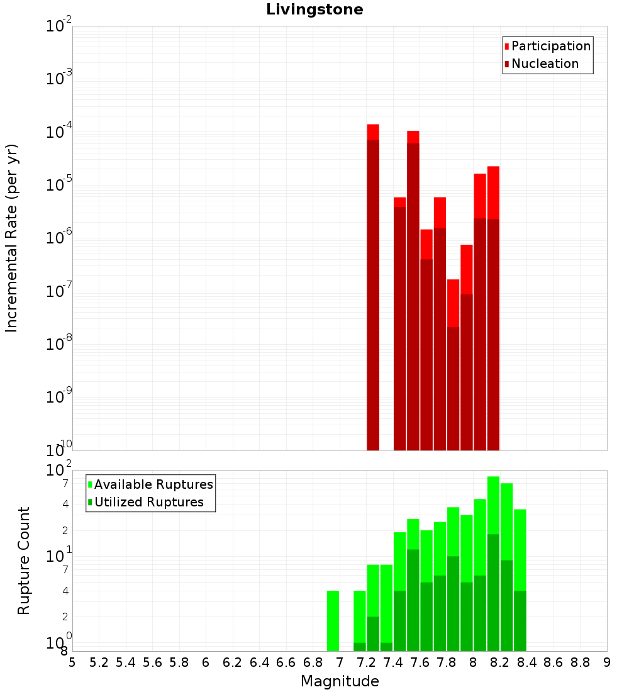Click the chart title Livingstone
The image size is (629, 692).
[x=314, y=10]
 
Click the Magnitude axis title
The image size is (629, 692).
[x=340, y=681]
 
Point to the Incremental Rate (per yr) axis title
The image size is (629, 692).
[x=12, y=238]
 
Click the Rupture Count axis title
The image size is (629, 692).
[x=24, y=561]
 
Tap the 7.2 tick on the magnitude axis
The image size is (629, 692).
[x=367, y=662]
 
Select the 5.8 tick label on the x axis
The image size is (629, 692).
[x=179, y=662]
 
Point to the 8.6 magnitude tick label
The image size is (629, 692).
[x=554, y=662]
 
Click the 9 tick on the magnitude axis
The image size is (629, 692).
[x=606, y=662]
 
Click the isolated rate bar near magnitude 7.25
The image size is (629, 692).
[x=373, y=289]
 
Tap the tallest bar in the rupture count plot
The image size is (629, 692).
[x=493, y=566]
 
